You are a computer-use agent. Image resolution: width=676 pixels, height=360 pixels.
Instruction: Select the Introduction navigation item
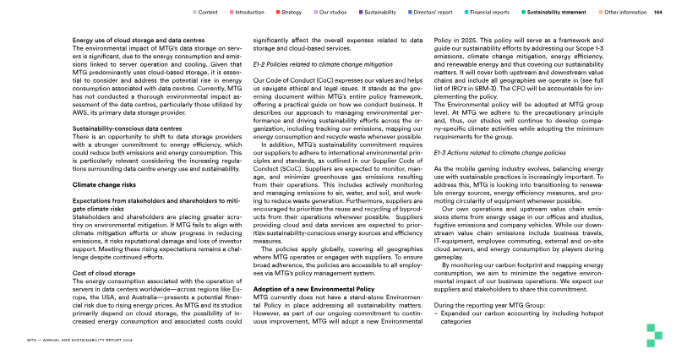[249, 13]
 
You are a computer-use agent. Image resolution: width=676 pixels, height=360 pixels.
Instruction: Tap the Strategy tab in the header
[292, 13]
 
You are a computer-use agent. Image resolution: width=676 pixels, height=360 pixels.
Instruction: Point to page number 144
[657, 13]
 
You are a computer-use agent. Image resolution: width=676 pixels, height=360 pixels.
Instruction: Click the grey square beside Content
[194, 13]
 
